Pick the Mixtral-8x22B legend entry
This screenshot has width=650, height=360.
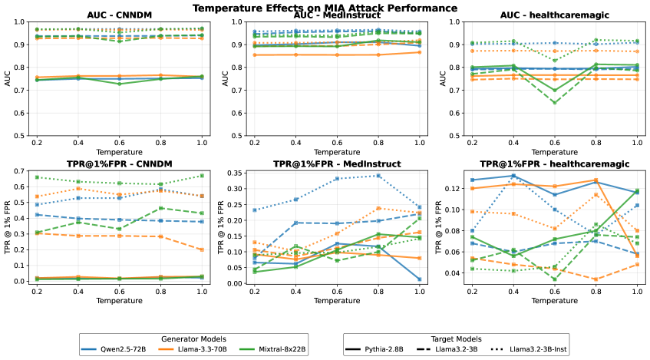281,349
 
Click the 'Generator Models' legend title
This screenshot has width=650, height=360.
194,338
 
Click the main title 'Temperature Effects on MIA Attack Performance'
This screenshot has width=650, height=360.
325,8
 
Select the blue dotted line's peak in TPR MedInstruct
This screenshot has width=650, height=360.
378,176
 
